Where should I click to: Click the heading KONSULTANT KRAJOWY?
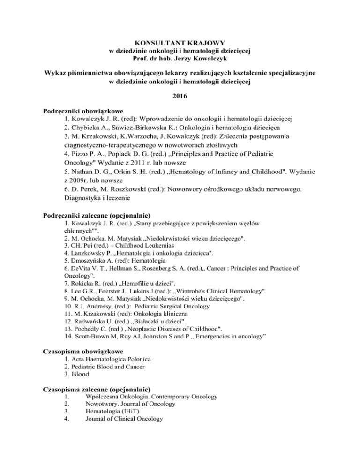[180, 42]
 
